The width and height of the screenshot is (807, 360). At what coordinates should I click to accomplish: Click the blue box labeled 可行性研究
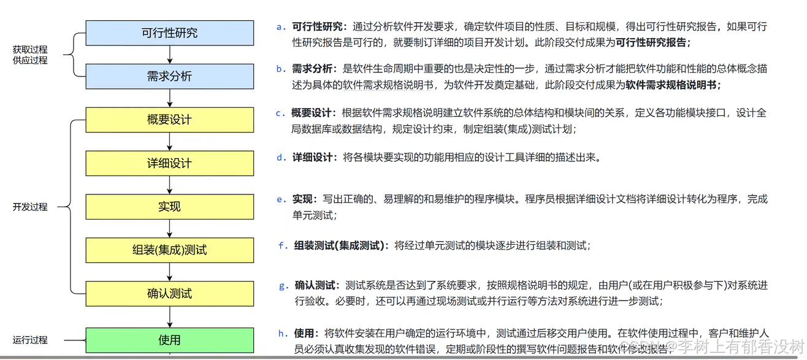point(169,33)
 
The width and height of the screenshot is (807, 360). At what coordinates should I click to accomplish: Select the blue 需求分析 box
point(169,77)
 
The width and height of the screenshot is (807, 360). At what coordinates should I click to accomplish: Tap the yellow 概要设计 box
point(169,120)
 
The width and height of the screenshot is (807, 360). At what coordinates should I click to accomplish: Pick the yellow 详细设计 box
point(169,163)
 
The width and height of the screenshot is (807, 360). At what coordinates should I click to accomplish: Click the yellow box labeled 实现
point(169,207)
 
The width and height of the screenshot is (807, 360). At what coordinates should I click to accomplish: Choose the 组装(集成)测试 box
point(169,250)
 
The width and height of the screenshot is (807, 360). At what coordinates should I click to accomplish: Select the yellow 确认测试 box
point(169,294)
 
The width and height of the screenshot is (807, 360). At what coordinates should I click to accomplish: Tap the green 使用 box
point(169,340)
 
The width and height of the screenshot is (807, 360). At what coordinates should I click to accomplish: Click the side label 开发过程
point(30,207)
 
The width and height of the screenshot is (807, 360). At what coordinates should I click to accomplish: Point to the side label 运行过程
point(30,340)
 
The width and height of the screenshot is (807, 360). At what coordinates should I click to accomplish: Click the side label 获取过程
point(30,49)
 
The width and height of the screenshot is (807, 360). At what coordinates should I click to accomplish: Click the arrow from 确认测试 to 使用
point(169,317)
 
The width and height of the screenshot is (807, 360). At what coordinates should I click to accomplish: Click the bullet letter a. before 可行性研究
point(281,27)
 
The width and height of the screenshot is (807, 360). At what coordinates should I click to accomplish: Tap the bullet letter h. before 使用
point(283,334)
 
